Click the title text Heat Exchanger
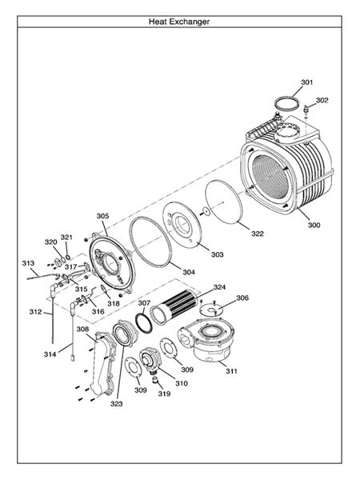pos(179,22)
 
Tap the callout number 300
pos(314,225)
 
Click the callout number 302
pos(322,100)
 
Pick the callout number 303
pos(217,254)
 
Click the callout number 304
pos(189,272)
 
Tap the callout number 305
pos(102,216)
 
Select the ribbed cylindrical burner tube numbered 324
pos(176,306)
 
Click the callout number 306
pos(242,298)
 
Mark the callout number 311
pos(231,371)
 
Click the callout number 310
pos(182,383)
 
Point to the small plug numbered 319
pos(155,380)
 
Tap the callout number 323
pos(116,404)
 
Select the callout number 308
pos(82,329)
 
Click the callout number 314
pos(50,354)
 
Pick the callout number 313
pos(28,263)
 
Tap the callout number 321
pos(66,238)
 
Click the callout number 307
pos(144,302)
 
